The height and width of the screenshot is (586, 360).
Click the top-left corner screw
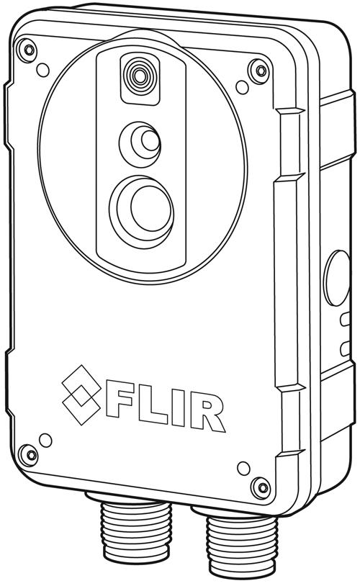pos(28,50)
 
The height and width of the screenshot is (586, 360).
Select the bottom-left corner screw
pos(28,454)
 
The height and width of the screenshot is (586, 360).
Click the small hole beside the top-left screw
pos(43,70)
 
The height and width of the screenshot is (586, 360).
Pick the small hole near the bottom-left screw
pos(45,438)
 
